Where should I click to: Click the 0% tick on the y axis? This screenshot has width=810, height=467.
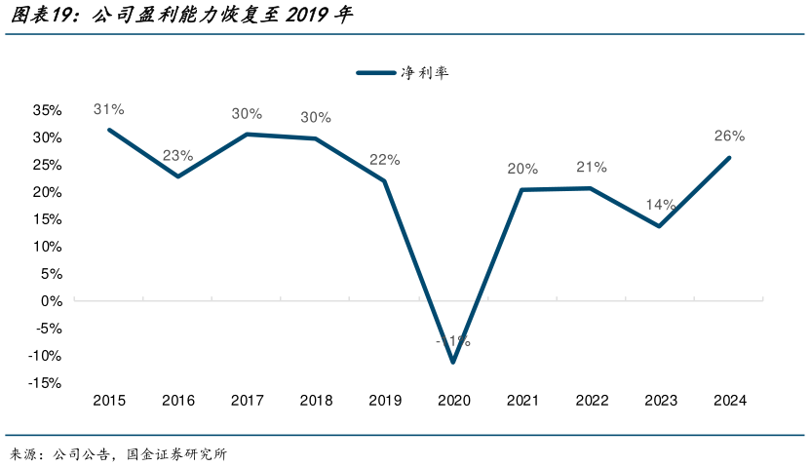click(x=54, y=301)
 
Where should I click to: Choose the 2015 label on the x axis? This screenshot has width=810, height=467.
click(x=108, y=401)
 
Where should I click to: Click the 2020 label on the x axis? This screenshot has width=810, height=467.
click(x=453, y=401)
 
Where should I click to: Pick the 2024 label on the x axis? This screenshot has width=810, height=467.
click(x=729, y=401)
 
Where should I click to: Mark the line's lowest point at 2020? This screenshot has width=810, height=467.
click(x=453, y=362)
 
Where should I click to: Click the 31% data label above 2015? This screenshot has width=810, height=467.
click(x=108, y=109)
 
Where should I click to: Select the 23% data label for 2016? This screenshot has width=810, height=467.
click(x=177, y=155)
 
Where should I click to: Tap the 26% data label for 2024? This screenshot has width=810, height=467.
click(x=729, y=136)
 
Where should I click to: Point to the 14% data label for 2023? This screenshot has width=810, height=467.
click(x=660, y=205)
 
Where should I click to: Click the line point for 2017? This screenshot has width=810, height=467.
click(x=247, y=135)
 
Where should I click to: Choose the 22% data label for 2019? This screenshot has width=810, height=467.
click(x=384, y=160)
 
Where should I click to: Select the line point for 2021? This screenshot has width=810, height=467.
click(x=522, y=190)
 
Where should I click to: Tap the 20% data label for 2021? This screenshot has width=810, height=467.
click(x=522, y=169)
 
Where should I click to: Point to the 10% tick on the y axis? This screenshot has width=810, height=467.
click(x=49, y=247)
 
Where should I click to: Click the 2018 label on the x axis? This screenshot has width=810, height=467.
click(x=316, y=401)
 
